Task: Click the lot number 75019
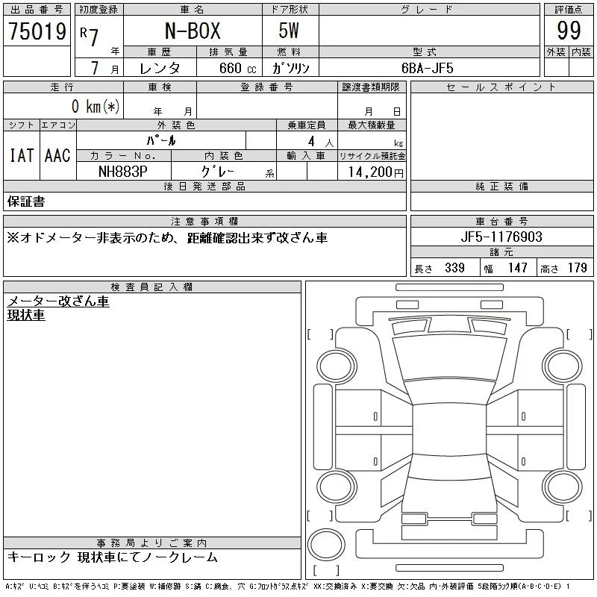[37, 31]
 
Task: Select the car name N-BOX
[193, 31]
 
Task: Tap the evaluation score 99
[569, 31]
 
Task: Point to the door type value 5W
[289, 31]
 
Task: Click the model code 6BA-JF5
[427, 68]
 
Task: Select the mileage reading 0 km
[96, 106]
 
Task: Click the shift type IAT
[22, 155]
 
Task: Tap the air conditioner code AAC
[57, 155]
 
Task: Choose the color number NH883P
[122, 172]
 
